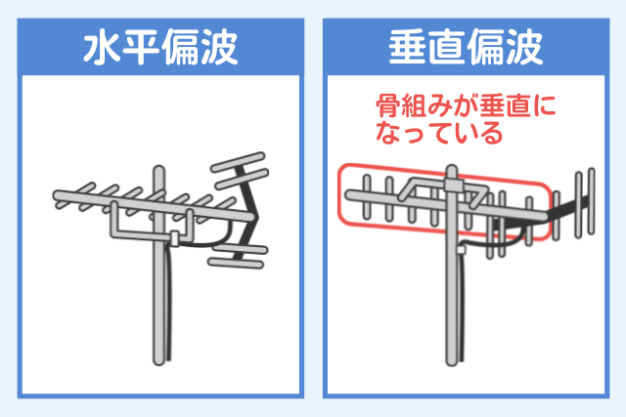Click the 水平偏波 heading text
160,47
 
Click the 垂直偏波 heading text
466,47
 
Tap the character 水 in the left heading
102,47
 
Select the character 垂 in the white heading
407,47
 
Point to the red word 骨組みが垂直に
466,106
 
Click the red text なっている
439,133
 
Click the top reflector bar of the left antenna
238,161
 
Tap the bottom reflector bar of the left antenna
236,263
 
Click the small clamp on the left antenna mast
174,238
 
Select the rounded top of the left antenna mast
158,170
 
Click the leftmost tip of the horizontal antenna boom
55,195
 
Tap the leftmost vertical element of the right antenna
367,197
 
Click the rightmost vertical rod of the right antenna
591,201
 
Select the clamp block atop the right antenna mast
454,186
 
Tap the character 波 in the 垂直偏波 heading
525,47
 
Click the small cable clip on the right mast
461,250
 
